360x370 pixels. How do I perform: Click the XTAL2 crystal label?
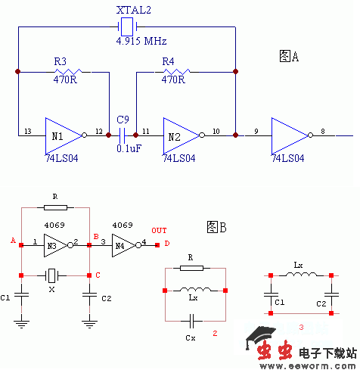[133, 11]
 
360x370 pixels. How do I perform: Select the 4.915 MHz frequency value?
[141, 40]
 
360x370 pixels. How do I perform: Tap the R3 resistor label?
[61, 61]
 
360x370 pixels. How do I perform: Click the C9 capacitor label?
[123, 120]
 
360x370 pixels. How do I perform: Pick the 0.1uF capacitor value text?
[129, 148]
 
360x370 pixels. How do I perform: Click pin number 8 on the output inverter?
[323, 130]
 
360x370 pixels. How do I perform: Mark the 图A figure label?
[289, 56]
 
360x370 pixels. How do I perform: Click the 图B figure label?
[217, 226]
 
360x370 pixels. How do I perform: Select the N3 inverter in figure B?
[51, 243]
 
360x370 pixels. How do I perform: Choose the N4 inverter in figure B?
[122, 244]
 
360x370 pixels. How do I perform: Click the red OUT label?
[159, 230]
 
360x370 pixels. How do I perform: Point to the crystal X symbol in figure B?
[51, 275]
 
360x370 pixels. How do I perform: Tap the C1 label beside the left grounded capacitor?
[7, 298]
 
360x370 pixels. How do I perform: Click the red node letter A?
[13, 240]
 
